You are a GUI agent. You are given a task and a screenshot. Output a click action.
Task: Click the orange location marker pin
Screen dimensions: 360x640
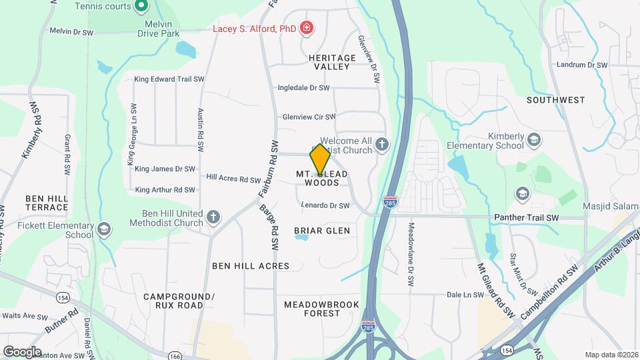tap(320, 159)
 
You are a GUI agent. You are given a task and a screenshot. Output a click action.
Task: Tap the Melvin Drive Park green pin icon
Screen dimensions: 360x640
tap(141, 7)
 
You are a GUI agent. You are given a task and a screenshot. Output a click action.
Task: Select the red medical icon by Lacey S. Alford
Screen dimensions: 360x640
tap(306, 28)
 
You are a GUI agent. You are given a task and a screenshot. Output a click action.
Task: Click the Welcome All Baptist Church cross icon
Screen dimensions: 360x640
tap(382, 144)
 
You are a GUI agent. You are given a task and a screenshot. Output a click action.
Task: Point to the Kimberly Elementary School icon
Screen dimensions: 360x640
tap(533, 140)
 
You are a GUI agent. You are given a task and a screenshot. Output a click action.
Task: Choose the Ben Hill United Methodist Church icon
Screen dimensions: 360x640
tap(213, 217)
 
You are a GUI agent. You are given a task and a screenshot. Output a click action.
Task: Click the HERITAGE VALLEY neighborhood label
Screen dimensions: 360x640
tap(329, 63)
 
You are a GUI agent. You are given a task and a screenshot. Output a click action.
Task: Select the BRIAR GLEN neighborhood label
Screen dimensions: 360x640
tap(322, 231)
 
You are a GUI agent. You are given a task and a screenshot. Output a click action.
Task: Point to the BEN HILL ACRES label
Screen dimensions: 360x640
tap(251, 266)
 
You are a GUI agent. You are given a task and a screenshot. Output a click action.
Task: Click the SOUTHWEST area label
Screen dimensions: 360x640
tap(555, 100)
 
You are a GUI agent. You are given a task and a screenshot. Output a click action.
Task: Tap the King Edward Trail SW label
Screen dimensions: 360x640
tap(169, 79)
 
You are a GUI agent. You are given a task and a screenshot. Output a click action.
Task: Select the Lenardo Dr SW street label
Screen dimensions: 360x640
tap(325, 205)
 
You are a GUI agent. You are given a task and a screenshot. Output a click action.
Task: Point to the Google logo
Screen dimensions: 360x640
tap(22, 351)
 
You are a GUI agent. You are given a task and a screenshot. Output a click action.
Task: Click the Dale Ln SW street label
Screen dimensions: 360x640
tap(464, 294)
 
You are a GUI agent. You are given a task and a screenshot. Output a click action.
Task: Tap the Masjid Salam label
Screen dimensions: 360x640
tap(611, 206)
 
